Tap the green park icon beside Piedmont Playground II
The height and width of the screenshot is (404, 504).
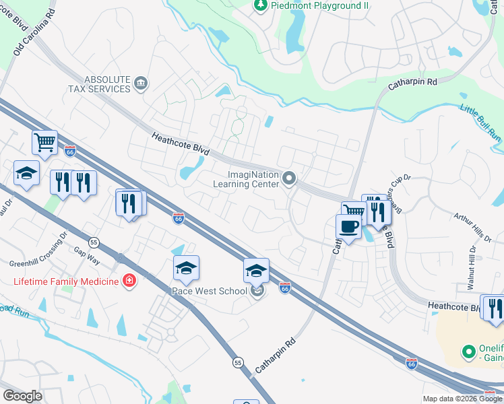tap(260, 6)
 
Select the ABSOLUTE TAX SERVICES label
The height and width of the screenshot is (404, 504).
tap(98, 83)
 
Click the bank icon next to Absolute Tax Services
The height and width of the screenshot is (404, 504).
tap(141, 83)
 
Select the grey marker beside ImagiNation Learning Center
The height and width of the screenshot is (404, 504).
tap(290, 178)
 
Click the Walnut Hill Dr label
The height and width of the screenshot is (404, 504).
tap(472, 268)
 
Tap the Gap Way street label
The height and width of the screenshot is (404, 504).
tap(87, 254)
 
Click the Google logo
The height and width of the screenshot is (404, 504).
tap(22, 395)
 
